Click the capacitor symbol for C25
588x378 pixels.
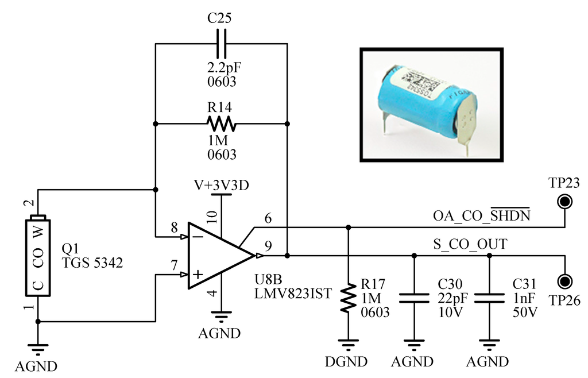221,43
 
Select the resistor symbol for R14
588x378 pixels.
221,124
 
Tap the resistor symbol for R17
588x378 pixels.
347,298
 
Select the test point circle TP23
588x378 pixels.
565,202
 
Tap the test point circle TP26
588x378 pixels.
565,281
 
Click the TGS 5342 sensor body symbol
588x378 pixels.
38,256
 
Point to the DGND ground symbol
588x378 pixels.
347,346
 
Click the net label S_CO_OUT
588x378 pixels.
470,245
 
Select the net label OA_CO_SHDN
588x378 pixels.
481,216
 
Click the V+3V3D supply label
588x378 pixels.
221,186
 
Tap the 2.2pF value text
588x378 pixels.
225,67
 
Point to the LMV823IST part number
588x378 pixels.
293,293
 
